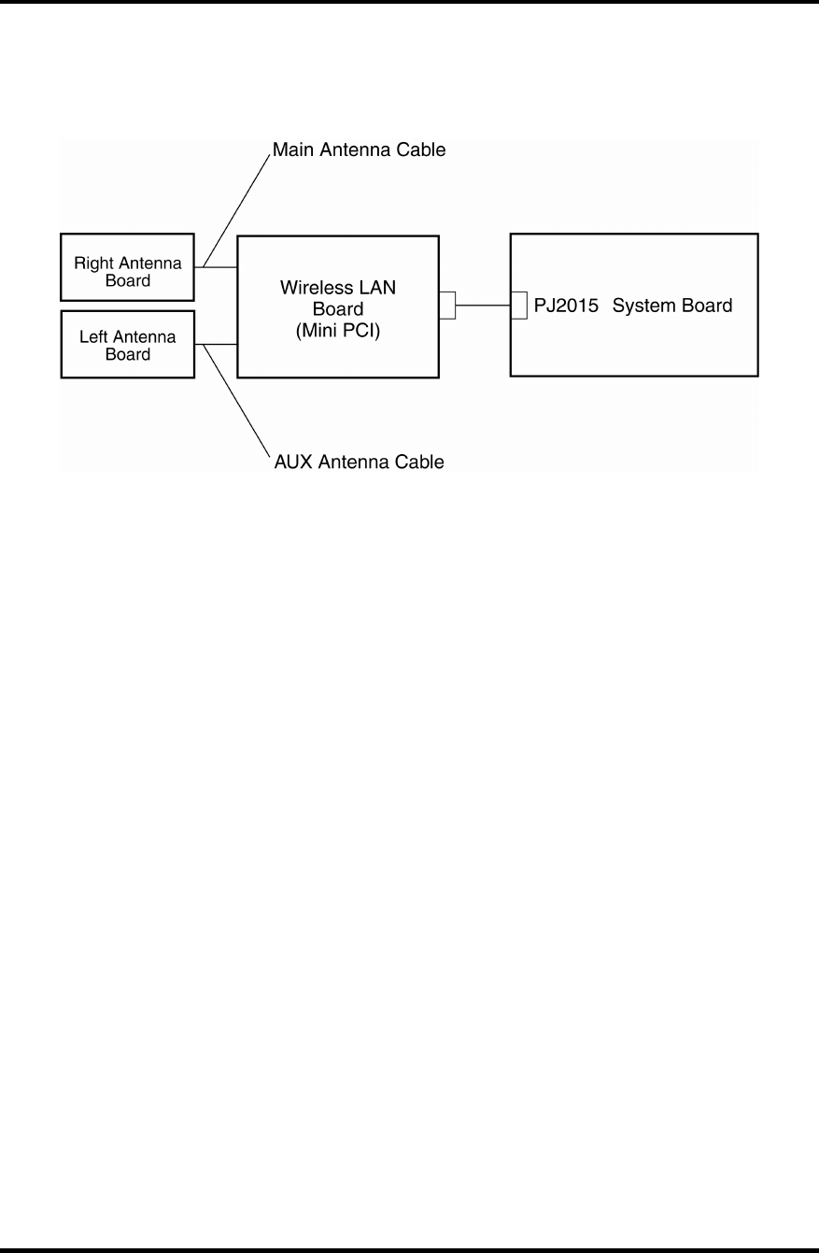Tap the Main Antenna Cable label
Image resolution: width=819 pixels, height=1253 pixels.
(x=359, y=150)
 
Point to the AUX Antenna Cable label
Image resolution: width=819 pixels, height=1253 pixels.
(x=358, y=461)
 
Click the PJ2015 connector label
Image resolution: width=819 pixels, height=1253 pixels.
(x=566, y=306)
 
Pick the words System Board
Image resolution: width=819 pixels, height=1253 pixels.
(x=672, y=306)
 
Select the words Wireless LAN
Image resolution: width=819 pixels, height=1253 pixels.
(x=337, y=288)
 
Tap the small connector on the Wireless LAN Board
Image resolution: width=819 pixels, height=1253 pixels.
(x=447, y=306)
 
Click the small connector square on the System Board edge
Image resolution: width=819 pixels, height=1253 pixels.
(x=519, y=306)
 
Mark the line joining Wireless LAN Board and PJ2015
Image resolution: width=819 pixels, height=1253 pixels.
(x=483, y=306)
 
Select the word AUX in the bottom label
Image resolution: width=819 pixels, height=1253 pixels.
(x=290, y=461)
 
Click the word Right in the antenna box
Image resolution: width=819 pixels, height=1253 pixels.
(x=93, y=263)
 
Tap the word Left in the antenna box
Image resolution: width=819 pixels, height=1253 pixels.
(x=93, y=337)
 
